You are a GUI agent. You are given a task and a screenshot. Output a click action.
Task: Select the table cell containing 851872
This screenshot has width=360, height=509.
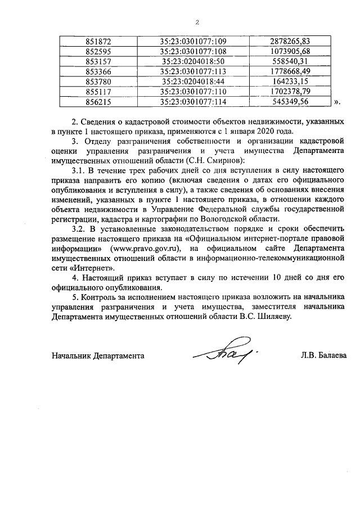99,41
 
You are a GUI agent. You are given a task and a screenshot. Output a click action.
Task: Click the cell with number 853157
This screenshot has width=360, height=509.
99,61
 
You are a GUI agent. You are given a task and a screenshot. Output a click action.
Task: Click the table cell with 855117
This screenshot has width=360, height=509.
99,91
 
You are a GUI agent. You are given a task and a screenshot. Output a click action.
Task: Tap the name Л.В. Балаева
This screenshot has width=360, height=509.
324,355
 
